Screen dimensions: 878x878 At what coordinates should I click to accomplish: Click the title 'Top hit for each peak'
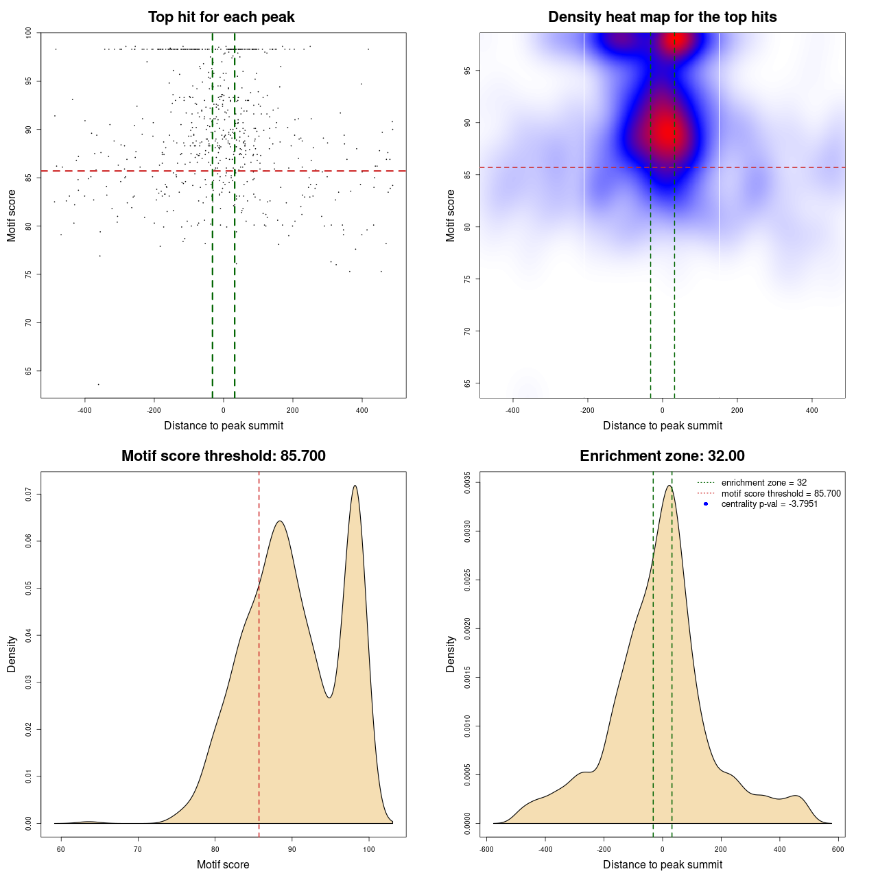click(222, 17)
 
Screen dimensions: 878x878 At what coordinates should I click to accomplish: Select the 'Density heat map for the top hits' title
click(662, 17)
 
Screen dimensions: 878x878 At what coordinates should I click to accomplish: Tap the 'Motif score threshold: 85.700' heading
click(223, 456)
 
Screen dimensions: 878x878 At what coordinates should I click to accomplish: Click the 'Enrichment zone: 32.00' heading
click(662, 456)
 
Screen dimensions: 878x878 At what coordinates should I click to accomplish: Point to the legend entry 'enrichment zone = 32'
click(763, 483)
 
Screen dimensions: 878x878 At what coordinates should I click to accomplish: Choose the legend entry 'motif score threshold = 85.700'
click(781, 493)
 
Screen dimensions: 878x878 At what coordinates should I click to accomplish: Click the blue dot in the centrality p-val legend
click(706, 504)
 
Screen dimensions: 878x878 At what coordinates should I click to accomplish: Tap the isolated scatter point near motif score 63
click(98, 384)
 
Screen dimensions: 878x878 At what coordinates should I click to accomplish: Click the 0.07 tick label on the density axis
click(29, 494)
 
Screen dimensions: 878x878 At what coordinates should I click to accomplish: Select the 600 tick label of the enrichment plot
click(838, 849)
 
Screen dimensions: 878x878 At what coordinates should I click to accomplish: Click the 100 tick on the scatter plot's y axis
click(29, 33)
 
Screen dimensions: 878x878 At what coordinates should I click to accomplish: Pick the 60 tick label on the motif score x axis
click(61, 849)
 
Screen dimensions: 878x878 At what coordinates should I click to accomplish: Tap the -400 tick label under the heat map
click(512, 410)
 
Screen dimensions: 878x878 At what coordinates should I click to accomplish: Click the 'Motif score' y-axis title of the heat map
click(451, 215)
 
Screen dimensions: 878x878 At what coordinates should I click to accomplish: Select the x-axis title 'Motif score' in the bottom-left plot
click(223, 864)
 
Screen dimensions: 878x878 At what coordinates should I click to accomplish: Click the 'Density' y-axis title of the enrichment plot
click(451, 654)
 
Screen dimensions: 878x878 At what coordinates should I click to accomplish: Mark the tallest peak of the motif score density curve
click(355, 486)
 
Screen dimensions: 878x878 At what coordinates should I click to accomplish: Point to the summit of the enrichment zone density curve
click(669, 486)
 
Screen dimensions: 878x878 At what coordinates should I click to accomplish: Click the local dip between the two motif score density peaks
click(330, 698)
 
